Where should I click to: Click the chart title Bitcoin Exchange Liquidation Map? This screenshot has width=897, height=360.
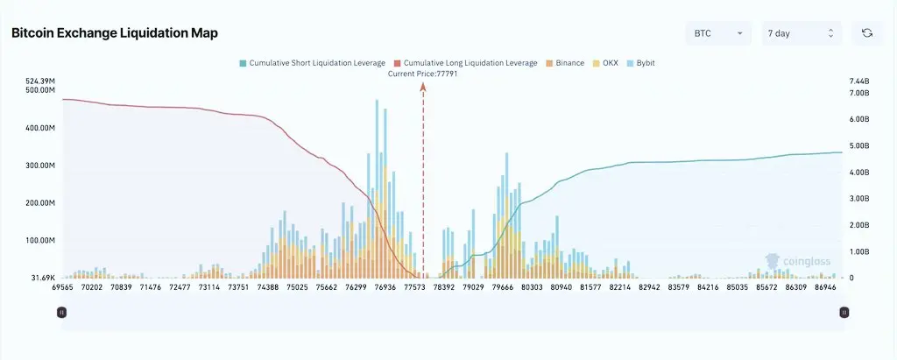114,33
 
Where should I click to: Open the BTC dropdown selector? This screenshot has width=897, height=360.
717,33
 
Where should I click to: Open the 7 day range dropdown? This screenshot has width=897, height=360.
802,33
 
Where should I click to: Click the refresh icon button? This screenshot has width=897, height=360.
866,33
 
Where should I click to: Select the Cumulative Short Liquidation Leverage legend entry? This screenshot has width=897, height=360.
312,63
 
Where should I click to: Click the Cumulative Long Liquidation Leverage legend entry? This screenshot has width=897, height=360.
466,63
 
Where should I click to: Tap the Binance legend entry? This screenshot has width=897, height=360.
564,63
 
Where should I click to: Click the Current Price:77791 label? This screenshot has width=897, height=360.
423,74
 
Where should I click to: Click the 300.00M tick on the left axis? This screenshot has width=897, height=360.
39,166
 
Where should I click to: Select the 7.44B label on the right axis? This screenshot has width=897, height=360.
859,81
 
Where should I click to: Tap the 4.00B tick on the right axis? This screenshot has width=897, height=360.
859,173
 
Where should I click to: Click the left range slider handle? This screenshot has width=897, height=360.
61,312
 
